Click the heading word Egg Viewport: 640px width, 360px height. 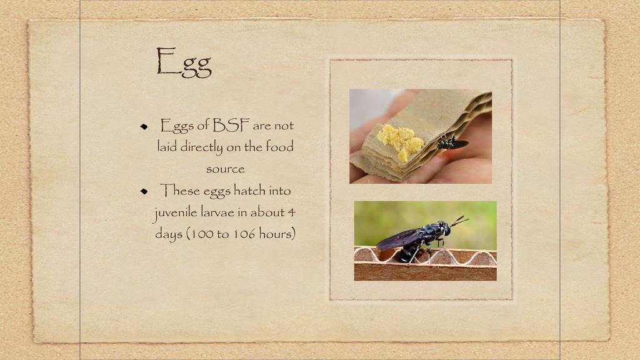tap(184, 62)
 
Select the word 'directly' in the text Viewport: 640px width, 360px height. tap(202, 147)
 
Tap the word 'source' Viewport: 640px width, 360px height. tap(225, 169)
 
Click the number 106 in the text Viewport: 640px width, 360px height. tap(244, 234)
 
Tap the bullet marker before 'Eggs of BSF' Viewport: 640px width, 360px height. tap(144, 126)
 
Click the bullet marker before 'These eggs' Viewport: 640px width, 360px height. tap(144, 191)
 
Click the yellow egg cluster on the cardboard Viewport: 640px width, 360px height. tap(400, 140)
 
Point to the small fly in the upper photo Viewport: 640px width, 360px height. tap(452, 143)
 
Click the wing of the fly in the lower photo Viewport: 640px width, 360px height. tap(399, 239)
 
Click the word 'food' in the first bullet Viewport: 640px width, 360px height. tap(279, 146)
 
